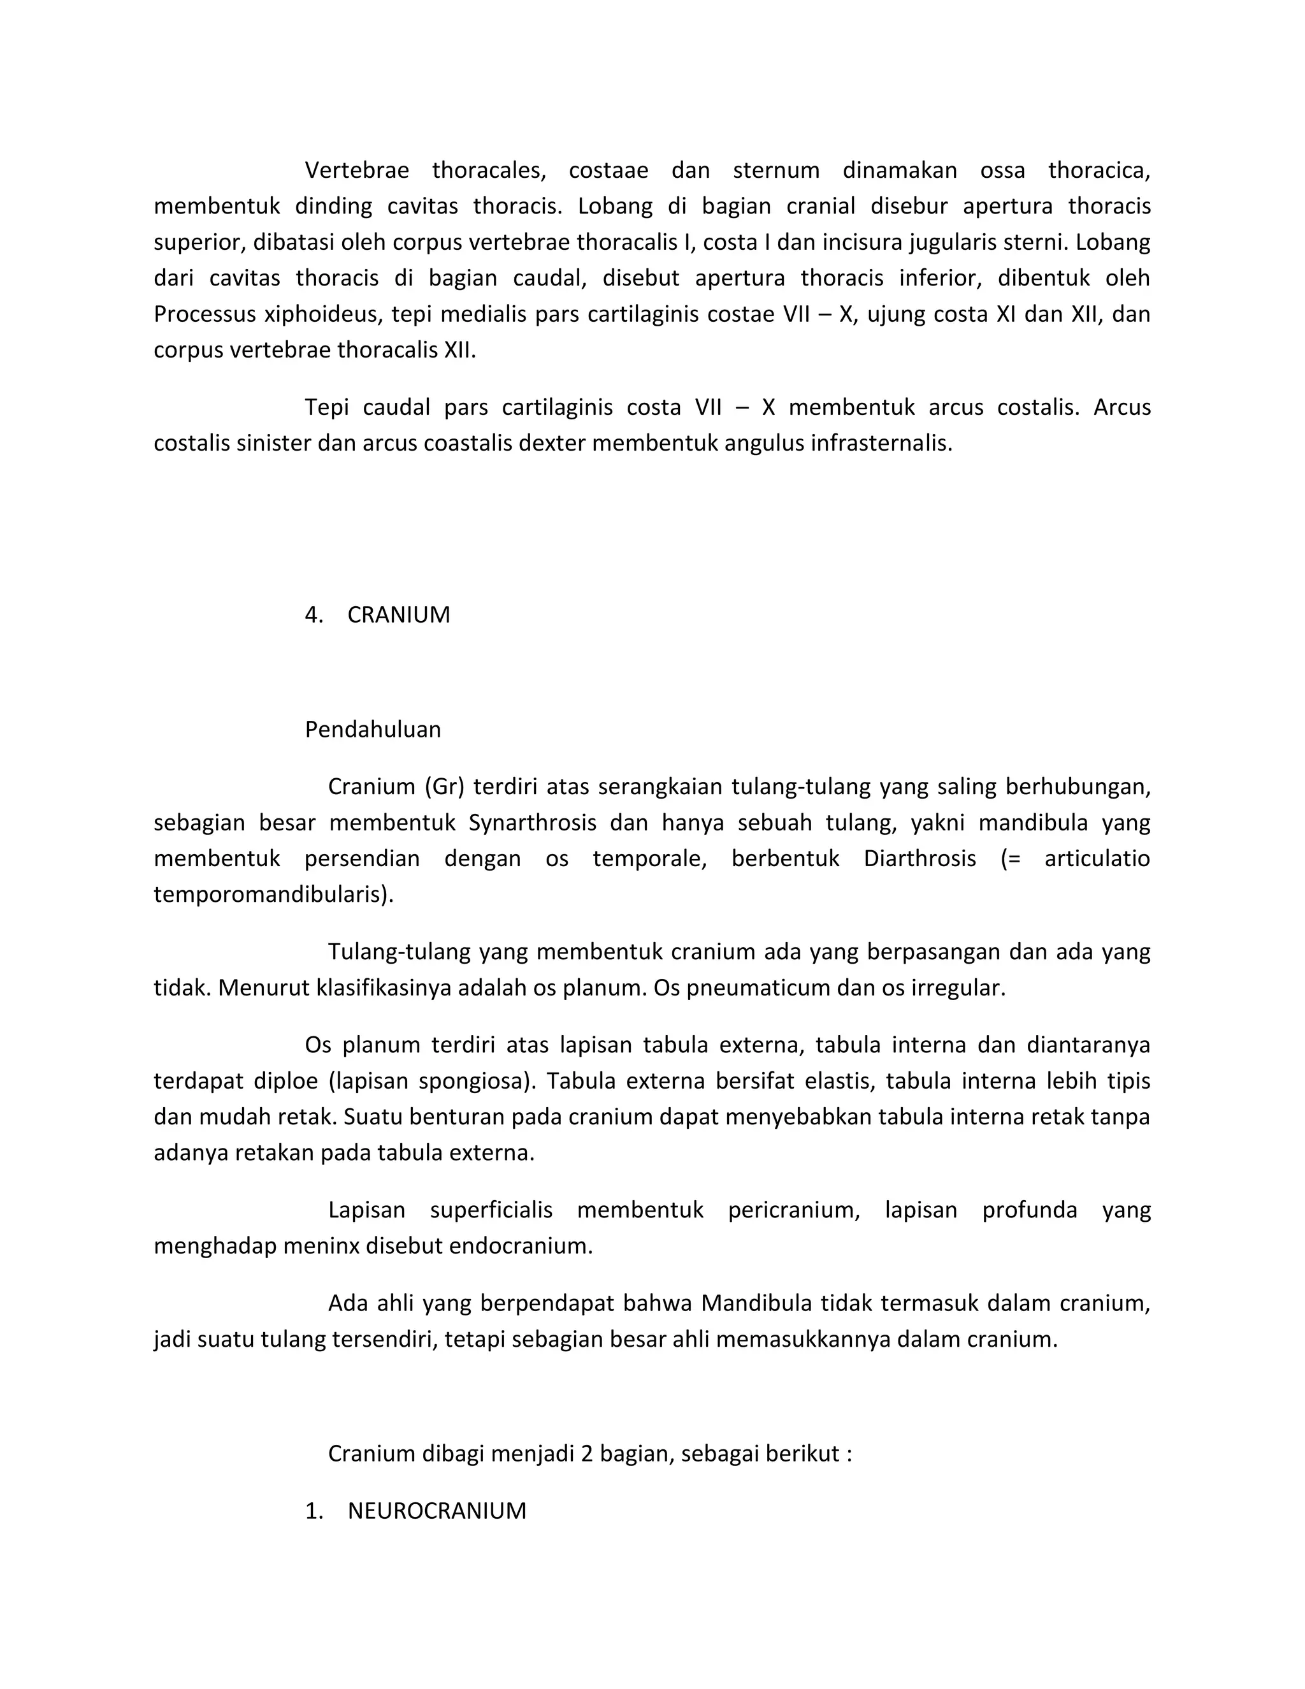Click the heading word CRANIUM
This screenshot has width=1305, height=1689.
[398, 615]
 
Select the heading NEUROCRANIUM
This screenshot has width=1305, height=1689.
[436, 1511]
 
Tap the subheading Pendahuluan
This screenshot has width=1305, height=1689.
[373, 729]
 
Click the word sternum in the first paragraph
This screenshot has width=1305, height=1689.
[775, 170]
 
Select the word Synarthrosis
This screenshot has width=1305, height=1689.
[532, 822]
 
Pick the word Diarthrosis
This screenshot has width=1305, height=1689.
[919, 859]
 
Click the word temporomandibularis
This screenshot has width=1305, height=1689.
[273, 895]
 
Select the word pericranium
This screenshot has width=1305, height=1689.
[793, 1210]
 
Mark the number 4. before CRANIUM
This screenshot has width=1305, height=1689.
[313, 615]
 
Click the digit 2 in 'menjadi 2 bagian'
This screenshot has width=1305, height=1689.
[586, 1454]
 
